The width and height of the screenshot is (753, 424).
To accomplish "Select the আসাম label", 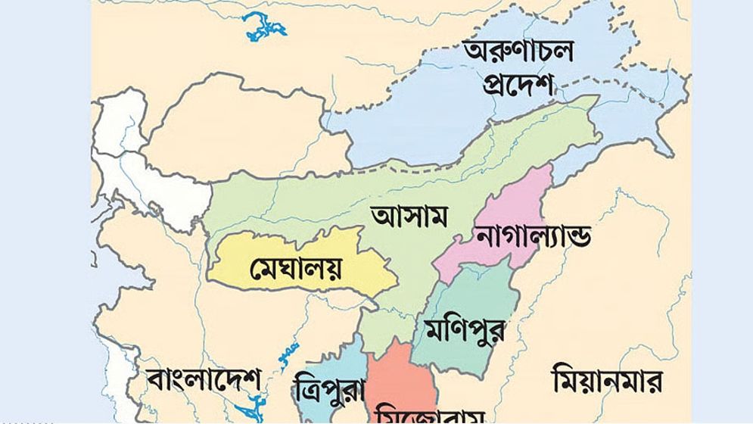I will pos(409,216).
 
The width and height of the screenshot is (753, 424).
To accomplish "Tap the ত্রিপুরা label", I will pos(328,391).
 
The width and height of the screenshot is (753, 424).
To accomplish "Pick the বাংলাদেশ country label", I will pos(204,379).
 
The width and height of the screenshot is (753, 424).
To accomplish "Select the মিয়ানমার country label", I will pos(608,379).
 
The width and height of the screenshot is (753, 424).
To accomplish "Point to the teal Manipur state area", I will pos(469,295).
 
